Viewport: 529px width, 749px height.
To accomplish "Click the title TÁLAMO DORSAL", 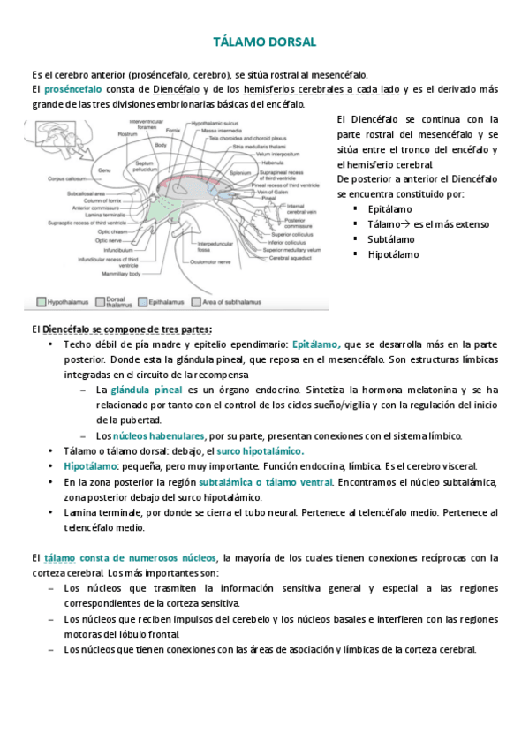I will (265, 42).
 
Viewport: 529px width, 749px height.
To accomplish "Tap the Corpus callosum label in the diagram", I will (67, 178).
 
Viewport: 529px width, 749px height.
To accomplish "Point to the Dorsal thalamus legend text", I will (117, 301).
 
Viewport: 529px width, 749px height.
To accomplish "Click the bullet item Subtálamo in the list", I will (393, 239).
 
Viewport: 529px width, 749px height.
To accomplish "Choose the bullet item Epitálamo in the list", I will (390, 209).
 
